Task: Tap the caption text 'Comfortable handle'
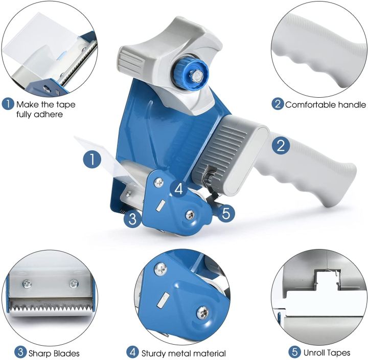325,105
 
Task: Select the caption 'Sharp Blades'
53,352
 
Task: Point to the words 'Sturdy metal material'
183,352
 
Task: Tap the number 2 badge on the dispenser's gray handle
281,146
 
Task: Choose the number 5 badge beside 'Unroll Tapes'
294,352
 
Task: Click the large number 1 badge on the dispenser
92,160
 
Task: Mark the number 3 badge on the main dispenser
133,219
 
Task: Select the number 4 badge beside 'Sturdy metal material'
132,352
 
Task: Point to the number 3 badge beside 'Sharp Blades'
7,352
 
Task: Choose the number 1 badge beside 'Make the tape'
8,104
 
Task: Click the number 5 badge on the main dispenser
227,212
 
